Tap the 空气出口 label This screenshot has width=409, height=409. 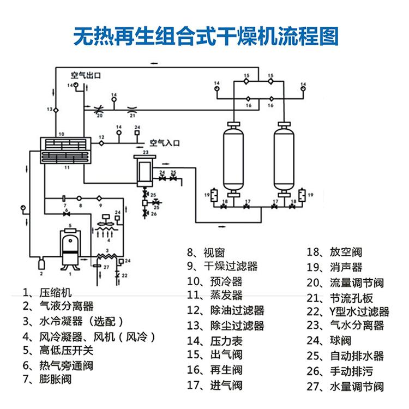[x=87, y=76]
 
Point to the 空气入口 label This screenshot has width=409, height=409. [x=165, y=142]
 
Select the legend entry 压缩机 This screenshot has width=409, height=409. [x=55, y=292]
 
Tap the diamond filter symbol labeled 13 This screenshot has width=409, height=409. [x=55, y=110]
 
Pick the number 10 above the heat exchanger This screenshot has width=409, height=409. [x=62, y=133]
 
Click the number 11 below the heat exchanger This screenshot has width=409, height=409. [x=67, y=167]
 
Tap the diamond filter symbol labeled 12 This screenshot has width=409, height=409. [x=101, y=143]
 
